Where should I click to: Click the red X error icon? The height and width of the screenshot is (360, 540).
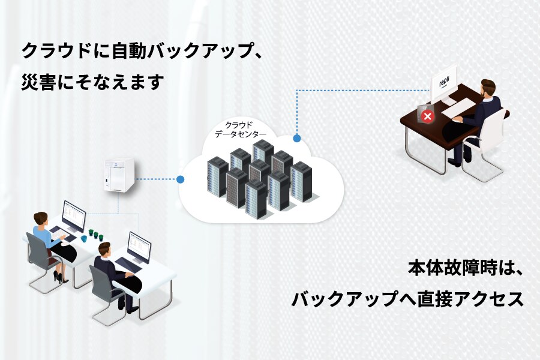pyautogui.click(x=427, y=116)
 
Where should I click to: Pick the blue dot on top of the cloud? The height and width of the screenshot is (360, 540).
pyautogui.click(x=296, y=138)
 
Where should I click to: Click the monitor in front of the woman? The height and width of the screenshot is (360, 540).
pyautogui.click(x=73, y=214)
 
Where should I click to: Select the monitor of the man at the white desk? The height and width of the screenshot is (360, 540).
pyautogui.click(x=139, y=246)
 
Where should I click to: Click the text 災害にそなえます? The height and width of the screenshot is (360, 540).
pyautogui.click(x=92, y=82)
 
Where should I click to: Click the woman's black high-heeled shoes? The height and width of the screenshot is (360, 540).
pyautogui.click(x=59, y=277)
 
